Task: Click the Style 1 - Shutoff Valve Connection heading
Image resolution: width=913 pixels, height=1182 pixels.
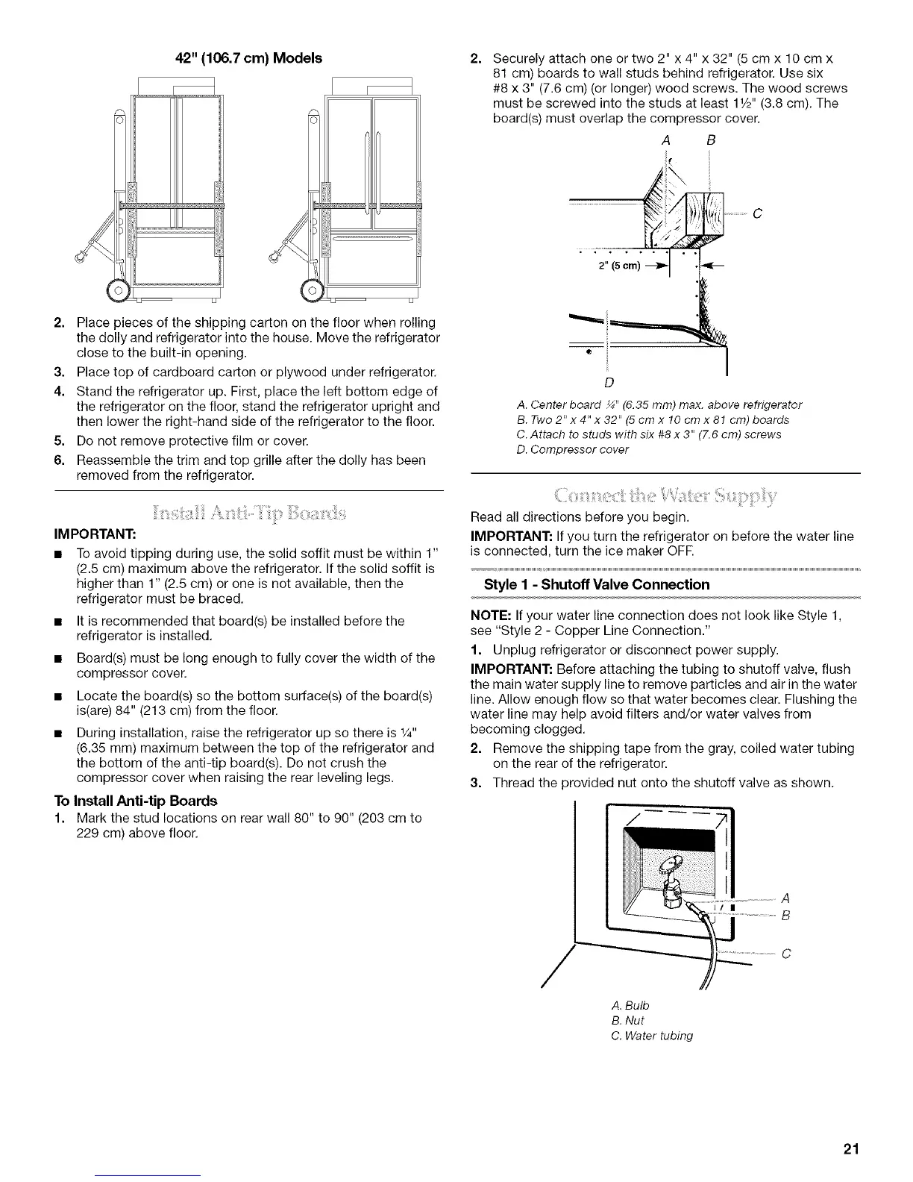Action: (x=597, y=584)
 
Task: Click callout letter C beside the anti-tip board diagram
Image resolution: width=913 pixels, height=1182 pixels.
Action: (x=757, y=216)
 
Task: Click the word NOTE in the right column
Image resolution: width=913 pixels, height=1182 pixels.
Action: (x=489, y=616)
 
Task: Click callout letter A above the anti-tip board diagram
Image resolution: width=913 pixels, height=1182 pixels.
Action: (x=664, y=139)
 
